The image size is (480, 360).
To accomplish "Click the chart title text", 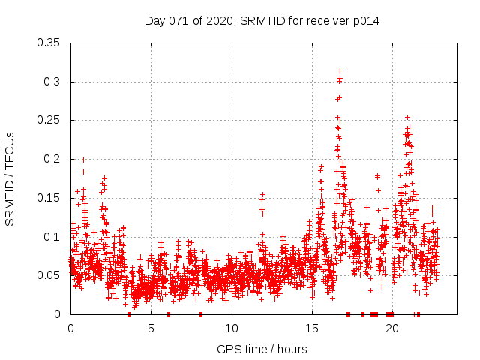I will pyautogui.click(x=262, y=21).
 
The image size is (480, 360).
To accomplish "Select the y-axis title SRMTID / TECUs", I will pyautogui.click(x=10, y=178).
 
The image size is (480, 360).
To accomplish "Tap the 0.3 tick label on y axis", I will pyautogui.click(x=53, y=82).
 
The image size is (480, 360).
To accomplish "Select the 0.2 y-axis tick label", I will pyautogui.click(x=53, y=159).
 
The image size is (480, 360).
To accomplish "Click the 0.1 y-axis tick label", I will pyautogui.click(x=53, y=237).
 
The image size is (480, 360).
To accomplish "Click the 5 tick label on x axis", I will pyautogui.click(x=151, y=328).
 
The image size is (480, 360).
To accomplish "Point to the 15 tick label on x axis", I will pyautogui.click(x=311, y=328).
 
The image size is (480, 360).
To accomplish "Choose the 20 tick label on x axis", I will pyautogui.click(x=391, y=328).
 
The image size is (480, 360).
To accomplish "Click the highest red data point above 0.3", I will pyautogui.click(x=340, y=70).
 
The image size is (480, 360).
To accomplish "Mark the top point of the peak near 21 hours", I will pyautogui.click(x=407, y=117).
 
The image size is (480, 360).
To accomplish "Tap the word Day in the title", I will pyautogui.click(x=154, y=21).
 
